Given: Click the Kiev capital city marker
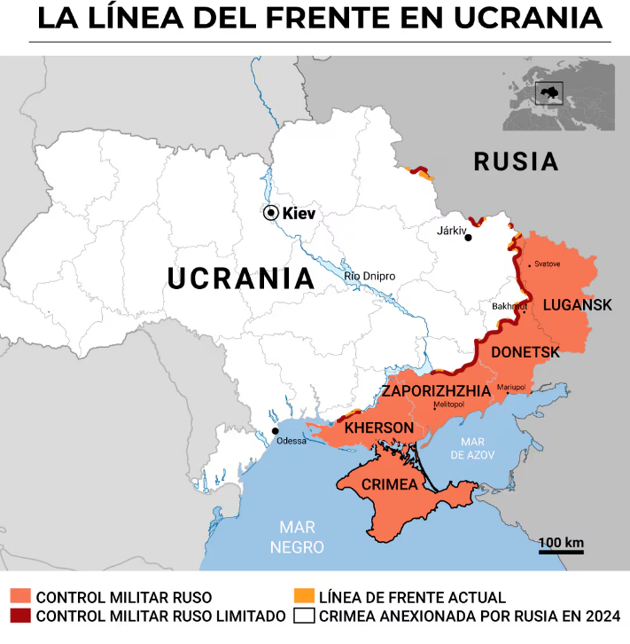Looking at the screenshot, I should click(270, 213).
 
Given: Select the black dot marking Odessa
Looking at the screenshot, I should click(275, 431).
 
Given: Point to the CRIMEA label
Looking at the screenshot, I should click(389, 484).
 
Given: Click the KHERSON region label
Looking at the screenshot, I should click(379, 428).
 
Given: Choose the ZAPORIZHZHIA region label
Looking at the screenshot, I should click(436, 390).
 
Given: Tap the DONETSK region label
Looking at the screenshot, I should click(525, 352).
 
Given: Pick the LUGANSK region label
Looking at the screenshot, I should click(577, 304).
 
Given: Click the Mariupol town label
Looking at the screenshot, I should click(511, 388).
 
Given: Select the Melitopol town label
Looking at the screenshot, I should click(448, 404).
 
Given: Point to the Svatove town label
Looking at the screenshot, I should click(547, 264).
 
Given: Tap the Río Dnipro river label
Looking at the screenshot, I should click(369, 277).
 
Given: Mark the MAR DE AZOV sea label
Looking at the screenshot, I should click(471, 448).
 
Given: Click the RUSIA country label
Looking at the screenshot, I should click(516, 162).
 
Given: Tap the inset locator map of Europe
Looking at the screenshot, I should click(559, 97).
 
